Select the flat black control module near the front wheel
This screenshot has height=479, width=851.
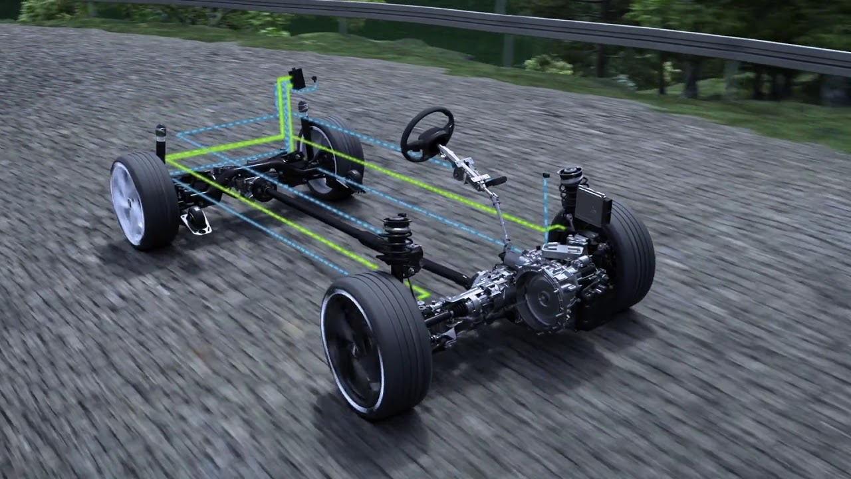tap(592, 206)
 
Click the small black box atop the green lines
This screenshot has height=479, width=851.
tap(297, 79)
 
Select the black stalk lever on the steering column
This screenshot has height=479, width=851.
tap(493, 181)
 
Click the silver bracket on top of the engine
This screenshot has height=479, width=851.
tap(557, 249)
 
